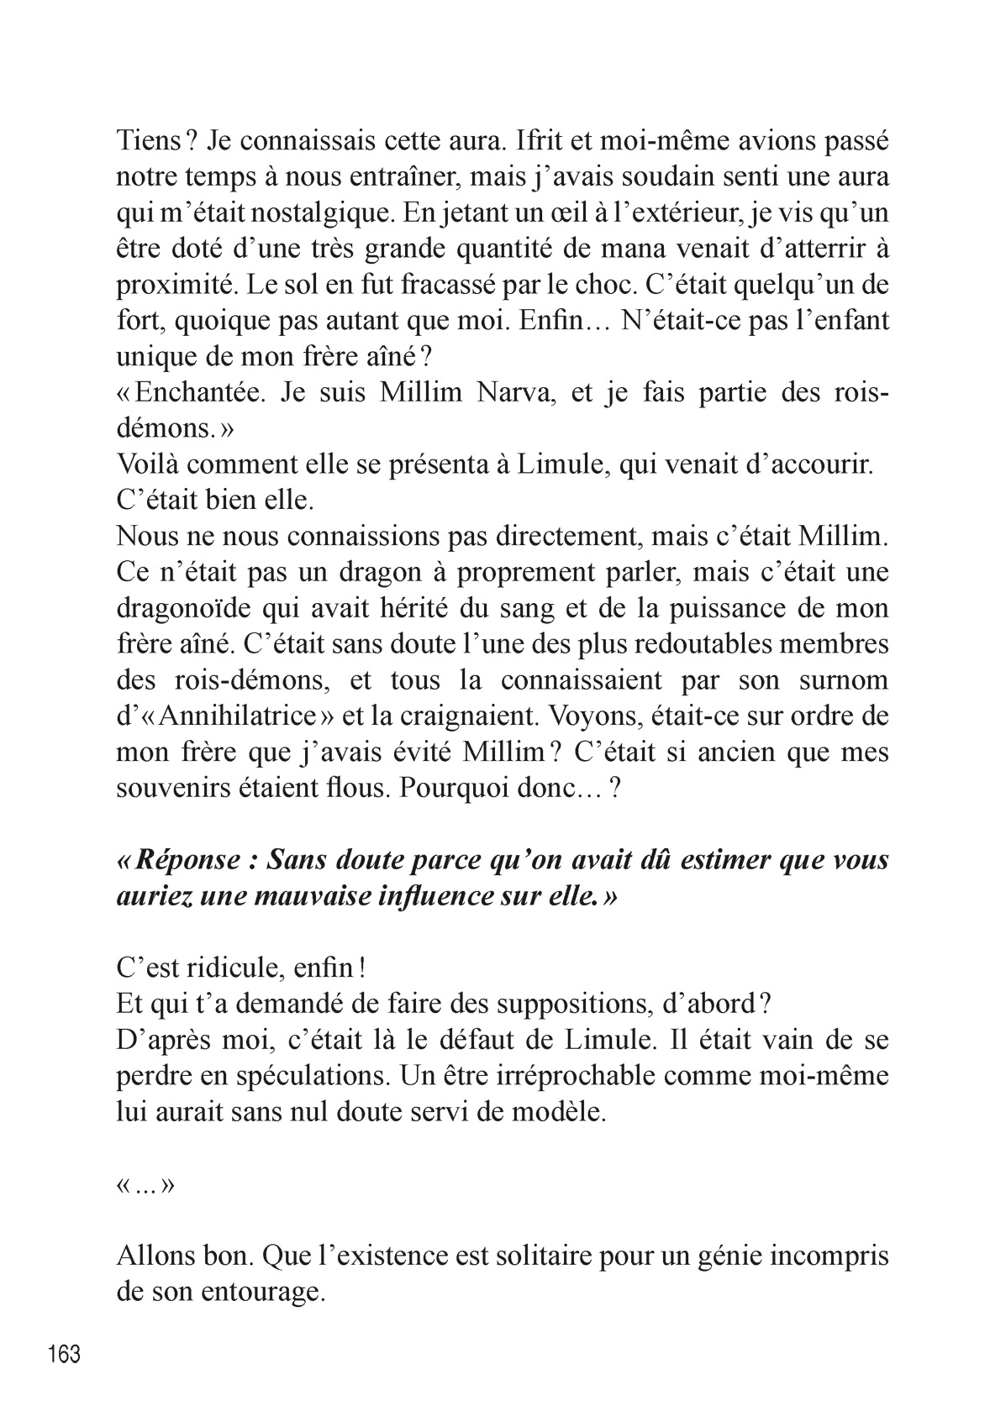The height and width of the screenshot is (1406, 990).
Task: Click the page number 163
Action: coord(65,1355)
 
